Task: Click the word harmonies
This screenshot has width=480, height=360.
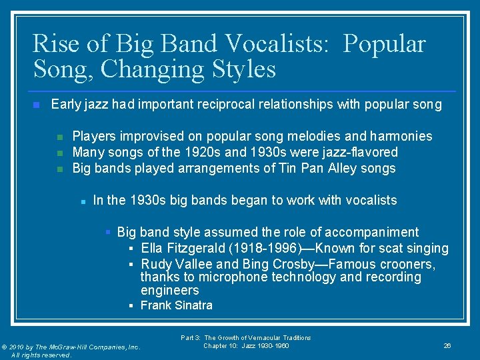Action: click(400, 136)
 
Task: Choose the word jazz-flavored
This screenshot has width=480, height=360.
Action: click(361, 152)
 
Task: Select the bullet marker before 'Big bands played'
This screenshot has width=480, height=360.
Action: click(59, 169)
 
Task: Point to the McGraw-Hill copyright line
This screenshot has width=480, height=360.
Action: click(71, 347)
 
